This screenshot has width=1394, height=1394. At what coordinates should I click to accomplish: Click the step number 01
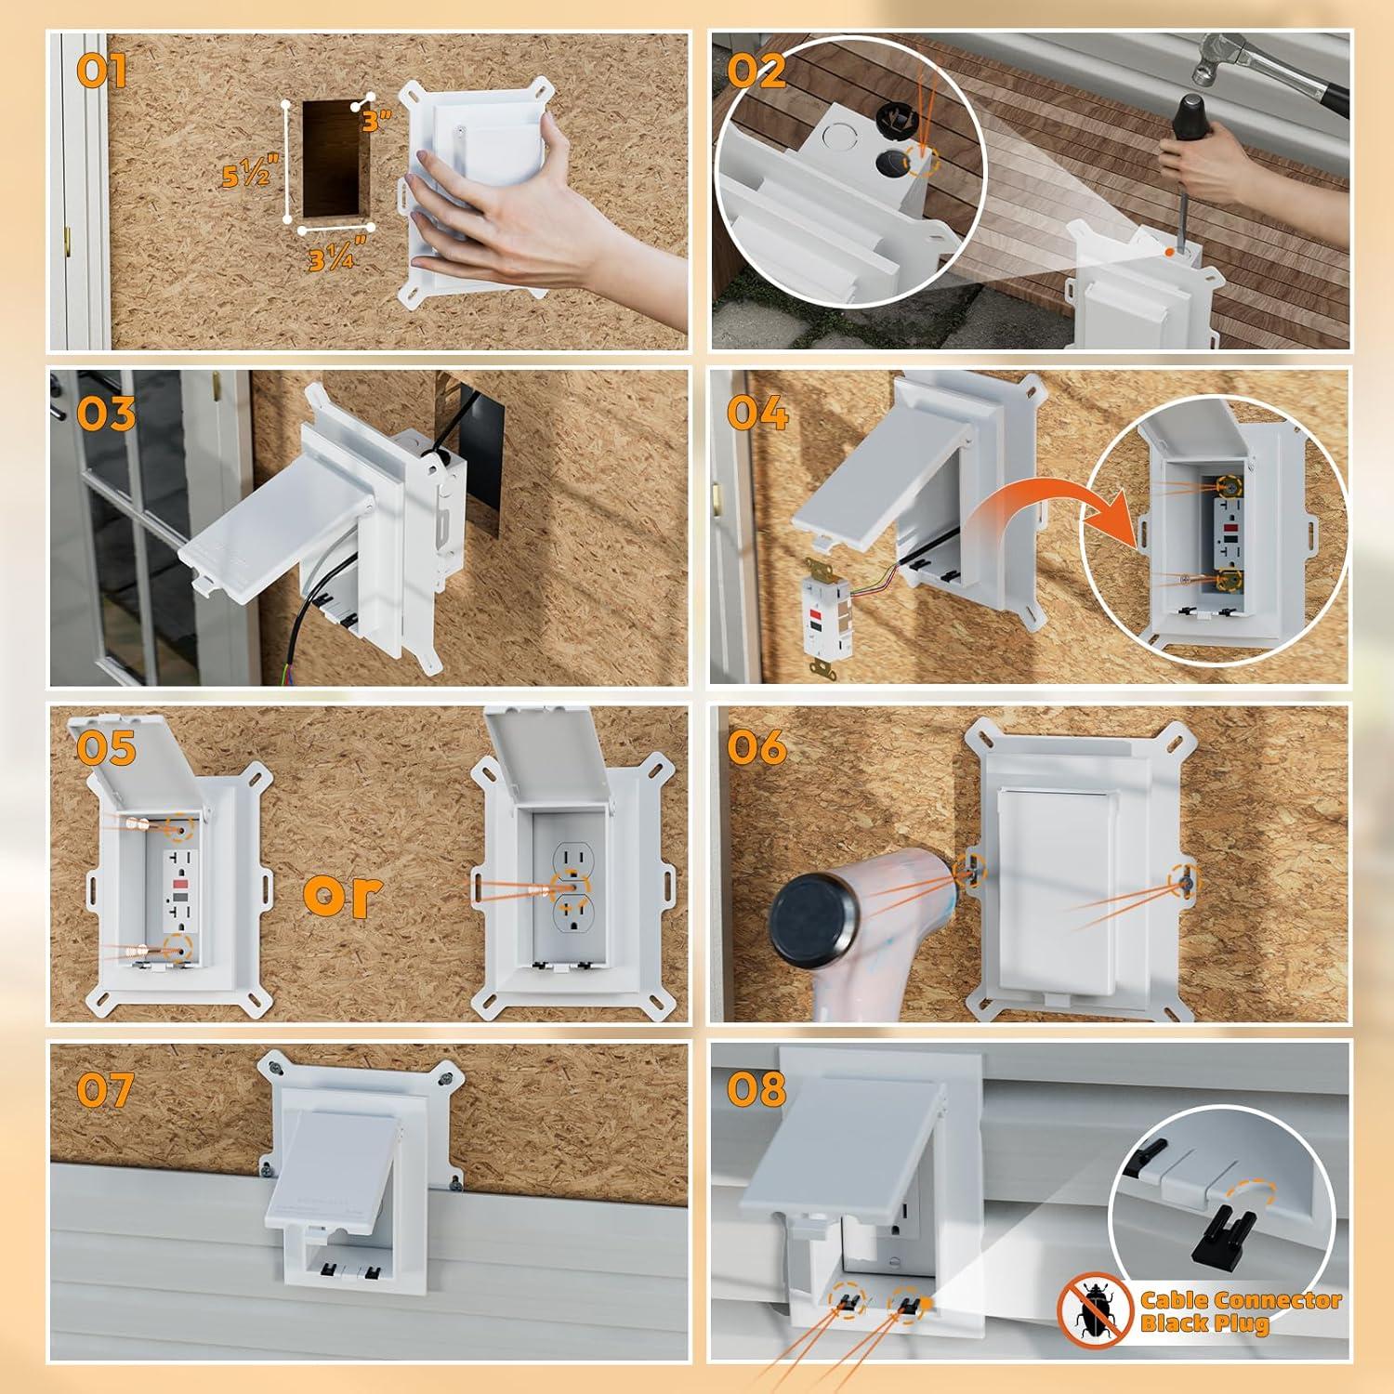(100, 71)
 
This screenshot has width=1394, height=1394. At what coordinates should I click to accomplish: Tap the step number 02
(756, 71)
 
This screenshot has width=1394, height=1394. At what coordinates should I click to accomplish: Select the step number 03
(105, 414)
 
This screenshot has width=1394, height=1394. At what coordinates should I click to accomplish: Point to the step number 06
(756, 747)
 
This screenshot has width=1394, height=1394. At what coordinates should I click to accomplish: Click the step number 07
(105, 1089)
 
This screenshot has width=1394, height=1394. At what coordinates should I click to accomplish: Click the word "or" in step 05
(343, 892)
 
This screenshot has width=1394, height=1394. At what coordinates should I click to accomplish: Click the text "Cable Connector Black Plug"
(1240, 1311)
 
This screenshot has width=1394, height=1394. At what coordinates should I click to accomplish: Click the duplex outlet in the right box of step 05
(572, 887)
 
